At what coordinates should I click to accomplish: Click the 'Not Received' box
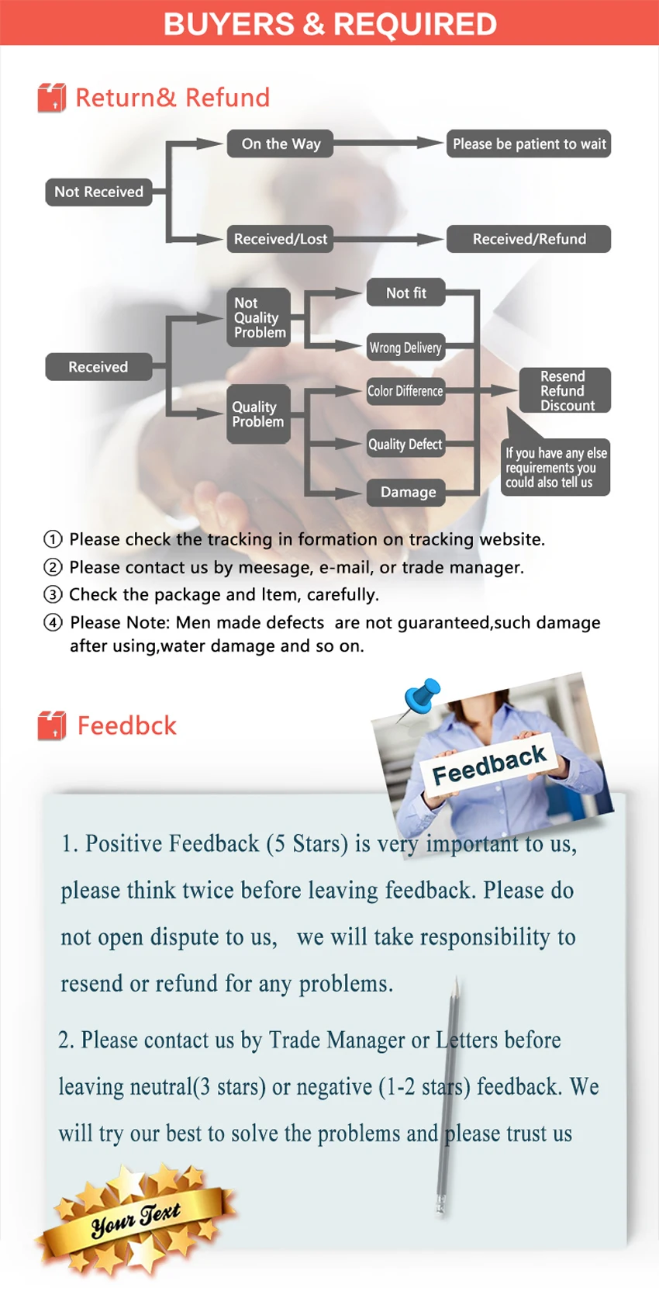click(x=98, y=192)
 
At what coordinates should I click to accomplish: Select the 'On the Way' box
click(x=280, y=144)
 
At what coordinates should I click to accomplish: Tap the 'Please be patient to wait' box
click(x=529, y=144)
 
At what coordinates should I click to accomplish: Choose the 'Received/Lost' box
click(x=280, y=239)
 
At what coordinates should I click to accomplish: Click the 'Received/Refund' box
click(x=529, y=239)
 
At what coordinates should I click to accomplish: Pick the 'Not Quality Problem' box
click(x=259, y=317)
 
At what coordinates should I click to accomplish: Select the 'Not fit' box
click(x=405, y=292)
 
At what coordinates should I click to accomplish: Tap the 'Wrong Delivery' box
click(x=405, y=348)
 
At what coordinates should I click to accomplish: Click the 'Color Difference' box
click(x=405, y=391)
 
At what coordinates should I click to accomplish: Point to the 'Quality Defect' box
click(x=405, y=444)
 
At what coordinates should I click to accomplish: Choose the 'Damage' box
click(x=407, y=492)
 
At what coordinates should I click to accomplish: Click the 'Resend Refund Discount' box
click(x=565, y=390)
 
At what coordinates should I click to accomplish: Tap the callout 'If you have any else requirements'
click(x=555, y=467)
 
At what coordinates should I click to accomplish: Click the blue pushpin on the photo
click(x=423, y=695)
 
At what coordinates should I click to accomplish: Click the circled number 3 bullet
click(x=53, y=595)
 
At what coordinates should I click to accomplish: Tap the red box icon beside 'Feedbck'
click(x=52, y=725)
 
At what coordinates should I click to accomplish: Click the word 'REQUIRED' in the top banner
click(x=415, y=24)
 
